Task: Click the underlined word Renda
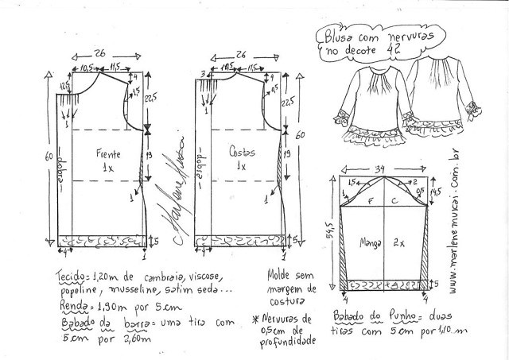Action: tap(72, 306)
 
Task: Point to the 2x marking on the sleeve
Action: tap(404, 238)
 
